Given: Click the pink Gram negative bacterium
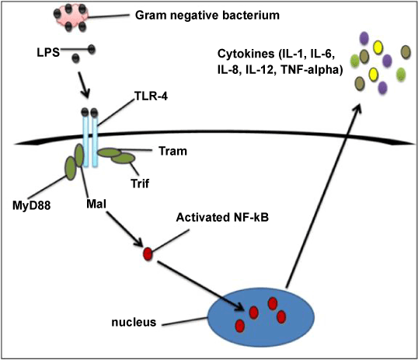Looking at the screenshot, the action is (71, 17).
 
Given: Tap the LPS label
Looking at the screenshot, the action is (48, 53).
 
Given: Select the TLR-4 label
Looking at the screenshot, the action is (152, 96).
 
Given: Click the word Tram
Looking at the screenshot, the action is (172, 151).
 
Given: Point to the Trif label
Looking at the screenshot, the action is (140, 183).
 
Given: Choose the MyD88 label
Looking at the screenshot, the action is (31, 205).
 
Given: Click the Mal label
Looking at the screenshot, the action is (96, 204).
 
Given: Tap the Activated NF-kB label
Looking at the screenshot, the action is (222, 217).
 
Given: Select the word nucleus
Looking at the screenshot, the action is (134, 322).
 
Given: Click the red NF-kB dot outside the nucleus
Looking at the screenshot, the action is (148, 253).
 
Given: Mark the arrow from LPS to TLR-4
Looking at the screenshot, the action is (84, 85).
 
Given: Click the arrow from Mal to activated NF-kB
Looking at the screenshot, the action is (124, 229).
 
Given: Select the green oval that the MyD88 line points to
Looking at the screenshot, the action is (71, 169).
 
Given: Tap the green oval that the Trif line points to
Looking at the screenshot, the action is (124, 159).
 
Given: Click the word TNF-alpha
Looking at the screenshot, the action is (312, 70).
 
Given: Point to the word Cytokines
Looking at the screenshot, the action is (246, 54).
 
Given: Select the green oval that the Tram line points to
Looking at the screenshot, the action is (109, 152).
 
